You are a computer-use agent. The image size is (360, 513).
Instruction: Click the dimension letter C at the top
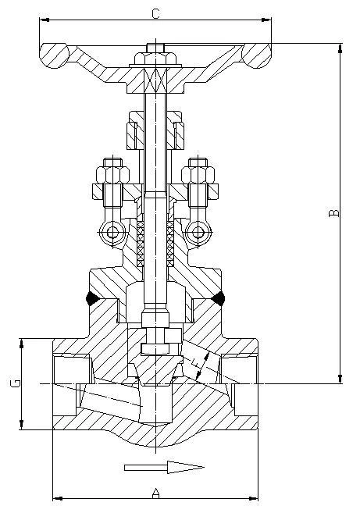point(155,14)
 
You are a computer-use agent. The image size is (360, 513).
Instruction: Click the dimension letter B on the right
point(333,212)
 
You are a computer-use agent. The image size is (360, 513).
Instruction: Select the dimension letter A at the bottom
point(155,493)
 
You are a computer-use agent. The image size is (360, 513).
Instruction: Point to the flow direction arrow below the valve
point(164,467)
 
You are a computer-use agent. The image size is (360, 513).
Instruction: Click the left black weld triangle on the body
point(92,299)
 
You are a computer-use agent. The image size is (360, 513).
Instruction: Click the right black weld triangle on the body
point(219,299)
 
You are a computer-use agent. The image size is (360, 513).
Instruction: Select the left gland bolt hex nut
point(113,175)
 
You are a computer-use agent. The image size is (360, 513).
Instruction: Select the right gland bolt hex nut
point(198,175)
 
